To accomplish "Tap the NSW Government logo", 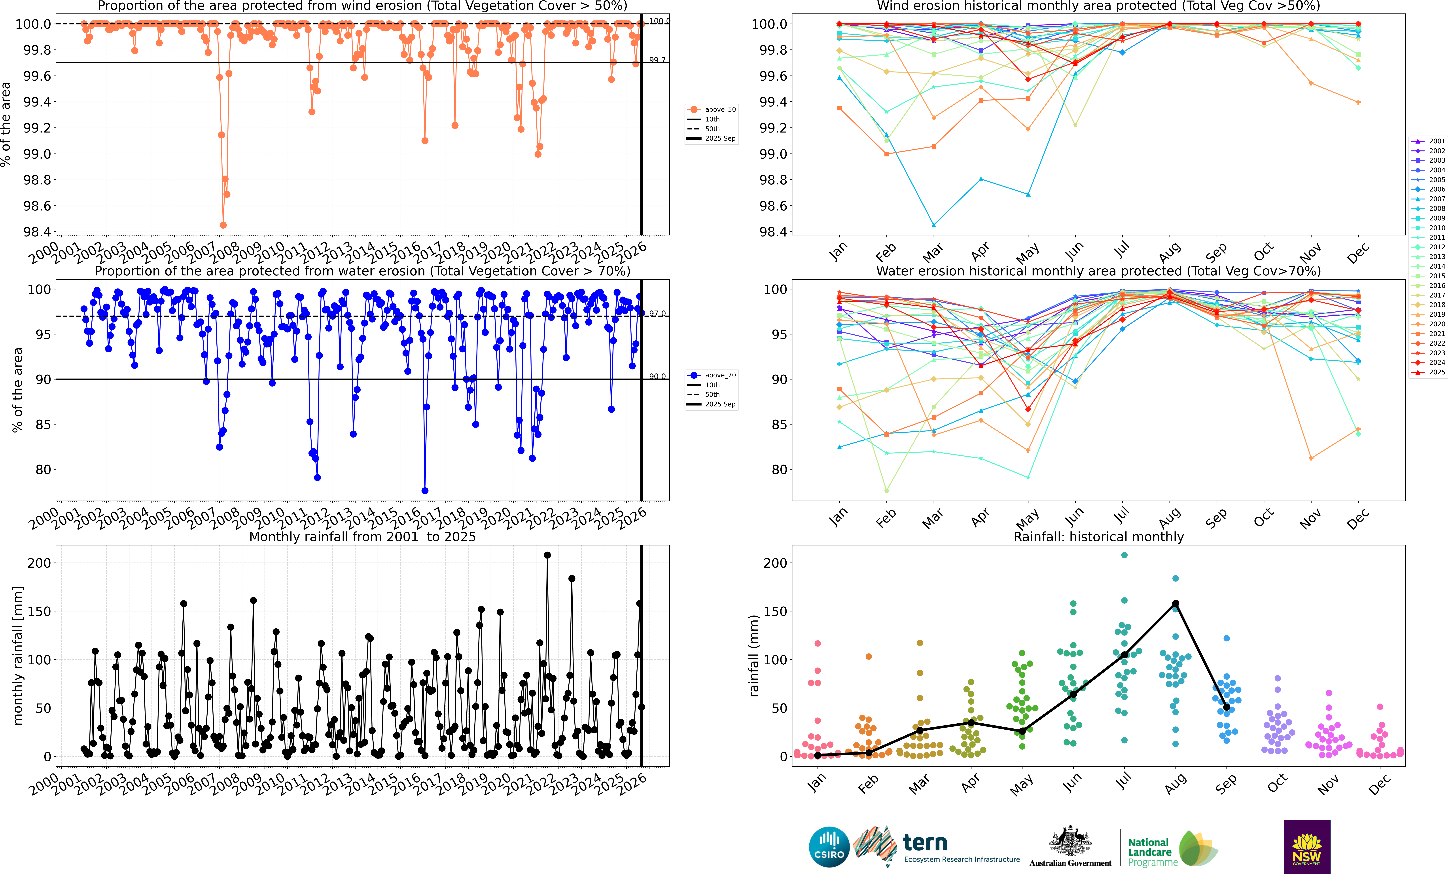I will [x=1306, y=846].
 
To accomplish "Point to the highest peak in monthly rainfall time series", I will [x=547, y=555].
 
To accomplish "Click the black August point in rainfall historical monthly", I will [x=1175, y=604].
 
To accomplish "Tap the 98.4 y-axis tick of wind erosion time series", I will [x=36, y=232].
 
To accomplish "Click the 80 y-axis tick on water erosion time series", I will [x=43, y=470].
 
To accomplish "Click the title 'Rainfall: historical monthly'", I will [x=1098, y=537].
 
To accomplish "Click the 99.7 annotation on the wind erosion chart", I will [x=657, y=60].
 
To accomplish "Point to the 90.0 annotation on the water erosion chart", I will [x=657, y=376].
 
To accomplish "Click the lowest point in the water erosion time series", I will [x=425, y=491].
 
